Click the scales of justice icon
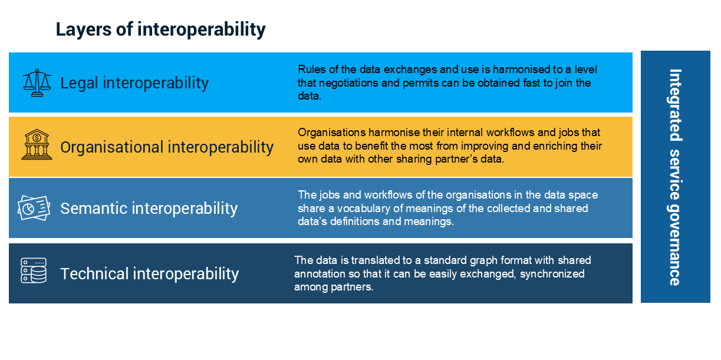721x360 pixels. (37, 82)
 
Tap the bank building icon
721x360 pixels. (37, 145)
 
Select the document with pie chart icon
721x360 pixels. (34, 208)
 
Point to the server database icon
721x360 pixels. (34, 270)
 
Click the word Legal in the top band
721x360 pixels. (79, 83)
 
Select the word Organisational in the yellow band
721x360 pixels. (112, 148)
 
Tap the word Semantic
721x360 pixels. (94, 209)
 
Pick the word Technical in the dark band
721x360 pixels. (95, 274)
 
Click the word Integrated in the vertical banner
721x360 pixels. (675, 105)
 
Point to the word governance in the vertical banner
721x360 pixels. (675, 243)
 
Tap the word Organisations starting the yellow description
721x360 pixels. (331, 133)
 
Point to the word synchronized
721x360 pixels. (552, 274)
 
